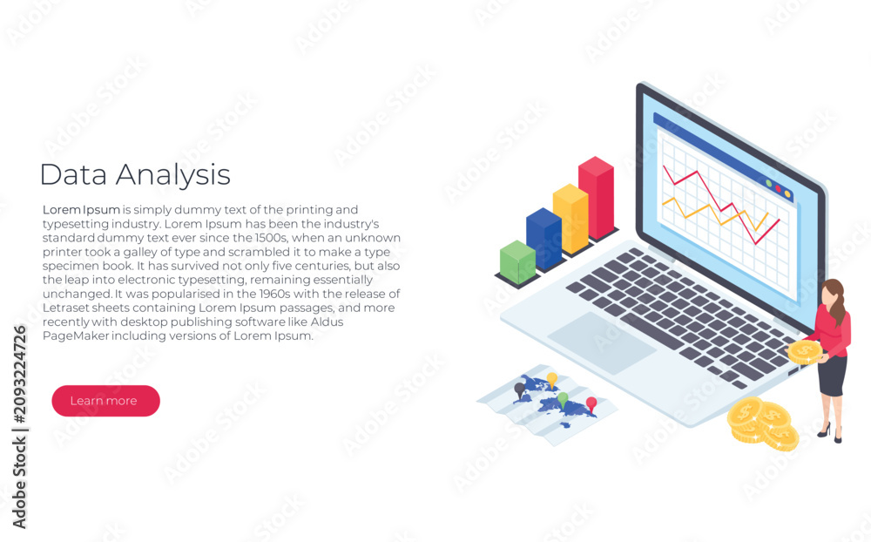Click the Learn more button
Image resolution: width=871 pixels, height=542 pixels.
pyautogui.click(x=105, y=401)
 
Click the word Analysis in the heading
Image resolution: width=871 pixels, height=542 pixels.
pyautogui.click(x=172, y=176)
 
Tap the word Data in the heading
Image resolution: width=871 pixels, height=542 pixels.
pyautogui.click(x=73, y=174)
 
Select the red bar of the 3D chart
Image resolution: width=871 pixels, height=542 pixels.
pyautogui.click(x=597, y=198)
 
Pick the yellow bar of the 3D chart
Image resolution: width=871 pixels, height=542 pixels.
pyautogui.click(x=571, y=219)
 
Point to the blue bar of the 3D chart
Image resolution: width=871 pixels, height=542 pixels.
pyautogui.click(x=544, y=239)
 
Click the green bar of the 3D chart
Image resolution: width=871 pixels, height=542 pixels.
pyautogui.click(x=517, y=261)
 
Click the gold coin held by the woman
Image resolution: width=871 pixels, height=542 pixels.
pyautogui.click(x=804, y=352)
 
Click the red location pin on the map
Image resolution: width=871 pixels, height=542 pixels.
pyautogui.click(x=591, y=404)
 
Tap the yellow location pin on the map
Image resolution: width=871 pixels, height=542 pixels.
pyautogui.click(x=551, y=380)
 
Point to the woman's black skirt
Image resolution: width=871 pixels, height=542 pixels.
pyautogui.click(x=832, y=376)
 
